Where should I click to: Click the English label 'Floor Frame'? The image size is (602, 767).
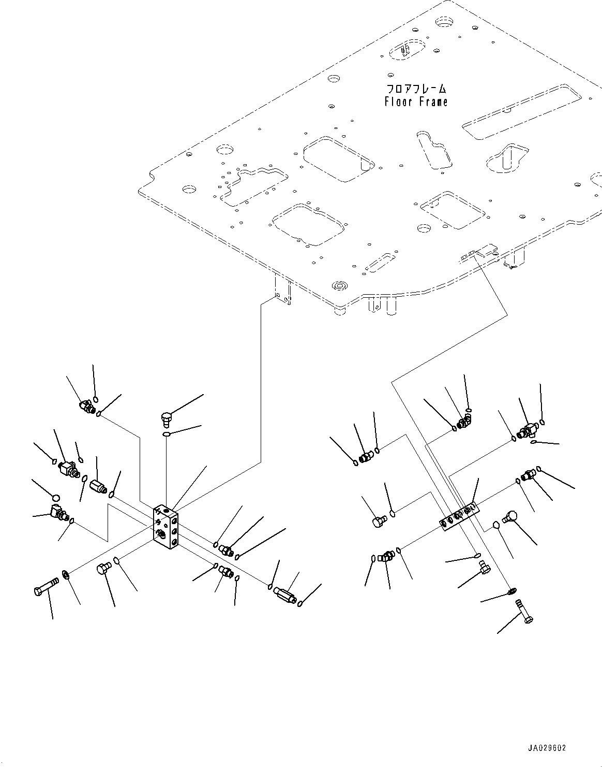pyautogui.click(x=416, y=102)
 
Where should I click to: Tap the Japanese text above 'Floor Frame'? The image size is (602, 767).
pyautogui.click(x=416, y=89)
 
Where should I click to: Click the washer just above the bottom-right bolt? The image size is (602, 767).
pyautogui.click(x=511, y=591)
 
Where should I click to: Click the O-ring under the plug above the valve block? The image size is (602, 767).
pyautogui.click(x=165, y=435)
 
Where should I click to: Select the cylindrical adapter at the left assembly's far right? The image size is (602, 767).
pyautogui.click(x=284, y=593)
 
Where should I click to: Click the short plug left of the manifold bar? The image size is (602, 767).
pyautogui.click(x=380, y=521)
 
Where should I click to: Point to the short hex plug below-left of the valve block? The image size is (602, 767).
pyautogui.click(x=102, y=569)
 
